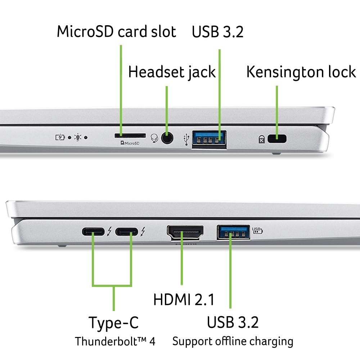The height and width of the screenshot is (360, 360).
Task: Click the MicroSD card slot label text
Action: click(x=116, y=32)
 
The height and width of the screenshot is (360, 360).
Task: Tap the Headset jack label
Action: click(x=172, y=72)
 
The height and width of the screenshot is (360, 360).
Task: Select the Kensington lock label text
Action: click(x=301, y=72)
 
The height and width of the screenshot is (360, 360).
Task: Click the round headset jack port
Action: click(x=166, y=138)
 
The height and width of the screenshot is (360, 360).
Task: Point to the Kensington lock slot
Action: click(x=276, y=138)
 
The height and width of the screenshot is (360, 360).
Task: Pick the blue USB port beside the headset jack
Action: click(x=209, y=139)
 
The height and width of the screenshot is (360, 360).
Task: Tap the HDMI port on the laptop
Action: click(x=185, y=232)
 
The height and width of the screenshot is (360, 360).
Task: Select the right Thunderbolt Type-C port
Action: click(x=126, y=231)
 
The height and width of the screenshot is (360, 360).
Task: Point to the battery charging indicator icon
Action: click(x=60, y=137)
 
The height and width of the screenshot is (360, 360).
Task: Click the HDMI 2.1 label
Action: click(x=184, y=300)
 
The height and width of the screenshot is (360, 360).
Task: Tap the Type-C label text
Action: click(x=113, y=323)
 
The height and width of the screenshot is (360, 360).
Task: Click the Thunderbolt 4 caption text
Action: click(x=115, y=341)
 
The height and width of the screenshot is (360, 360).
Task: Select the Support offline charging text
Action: click(x=233, y=341)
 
